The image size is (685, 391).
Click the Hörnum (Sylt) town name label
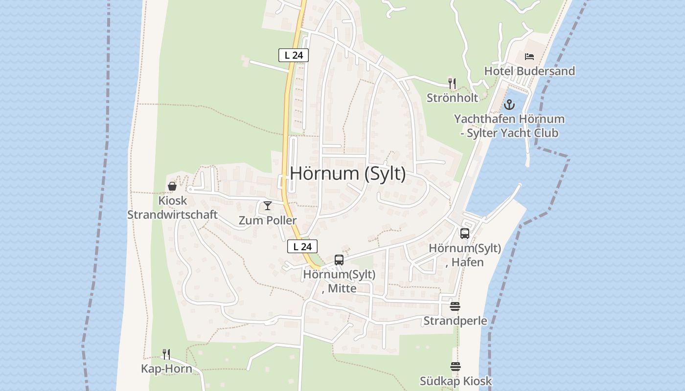(x=348, y=174)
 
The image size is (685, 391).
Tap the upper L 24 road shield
(x=294, y=55)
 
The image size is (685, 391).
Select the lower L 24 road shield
(x=302, y=247)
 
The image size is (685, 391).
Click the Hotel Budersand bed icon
(x=529, y=57)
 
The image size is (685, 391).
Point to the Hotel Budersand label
(x=529, y=71)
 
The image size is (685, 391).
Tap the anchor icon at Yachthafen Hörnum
(x=509, y=105)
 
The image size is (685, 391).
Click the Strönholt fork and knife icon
(x=452, y=84)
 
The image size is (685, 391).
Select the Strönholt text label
(x=452, y=98)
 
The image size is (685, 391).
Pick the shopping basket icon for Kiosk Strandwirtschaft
(x=172, y=186)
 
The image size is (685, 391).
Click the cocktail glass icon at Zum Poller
(x=268, y=206)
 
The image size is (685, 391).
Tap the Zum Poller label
(x=268, y=220)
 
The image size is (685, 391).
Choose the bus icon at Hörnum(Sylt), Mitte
(x=339, y=260)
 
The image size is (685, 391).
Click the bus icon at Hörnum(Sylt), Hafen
(x=465, y=234)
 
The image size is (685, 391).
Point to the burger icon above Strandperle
(x=455, y=306)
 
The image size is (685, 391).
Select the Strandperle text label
(x=455, y=321)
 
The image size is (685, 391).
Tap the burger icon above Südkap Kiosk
(x=456, y=367)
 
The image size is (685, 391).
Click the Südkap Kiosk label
(x=456, y=381)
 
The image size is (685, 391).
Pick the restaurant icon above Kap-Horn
(x=166, y=354)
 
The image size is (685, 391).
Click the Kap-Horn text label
(x=166, y=369)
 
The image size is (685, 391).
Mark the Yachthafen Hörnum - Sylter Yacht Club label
(x=509, y=126)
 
